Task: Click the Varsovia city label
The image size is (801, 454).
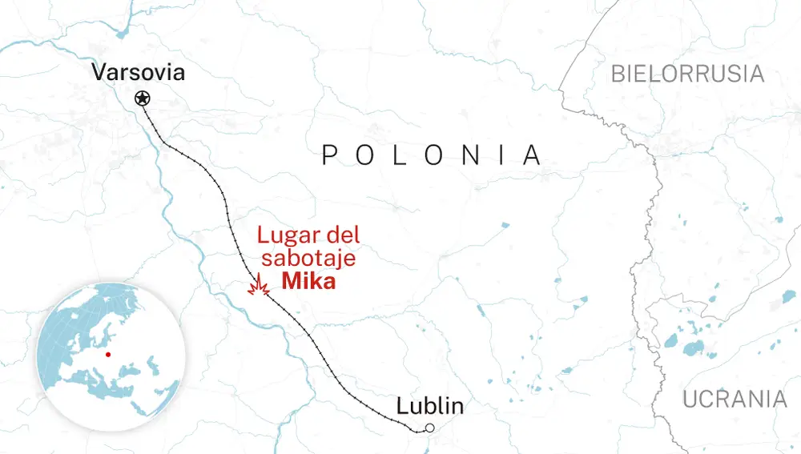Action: pos(139,73)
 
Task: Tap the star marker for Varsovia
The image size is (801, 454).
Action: pos(142,98)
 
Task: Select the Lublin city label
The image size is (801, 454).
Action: pos(429,406)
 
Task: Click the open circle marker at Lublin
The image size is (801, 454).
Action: pos(429,428)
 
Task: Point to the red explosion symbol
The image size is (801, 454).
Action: pos(258,287)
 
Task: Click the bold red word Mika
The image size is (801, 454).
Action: pos(308,282)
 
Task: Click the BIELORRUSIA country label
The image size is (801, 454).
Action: pos(687,74)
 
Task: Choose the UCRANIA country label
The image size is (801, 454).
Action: pos(735,399)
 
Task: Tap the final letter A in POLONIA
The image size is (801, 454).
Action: pos(532,155)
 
